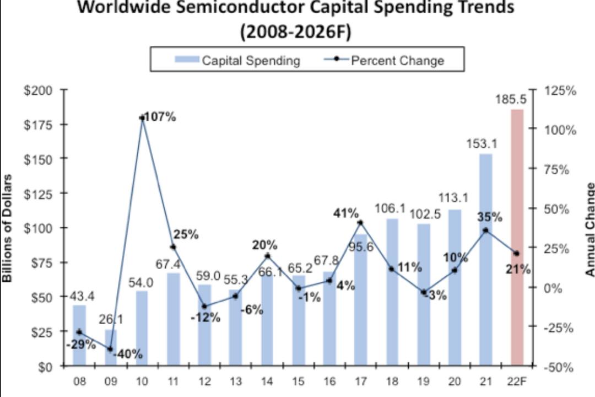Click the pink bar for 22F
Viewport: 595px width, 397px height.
coord(517,238)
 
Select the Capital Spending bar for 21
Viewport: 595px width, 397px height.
coord(486,260)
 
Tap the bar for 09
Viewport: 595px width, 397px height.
coord(111,347)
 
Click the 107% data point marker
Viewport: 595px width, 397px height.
coord(142,118)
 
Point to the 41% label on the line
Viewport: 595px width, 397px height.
coord(345,213)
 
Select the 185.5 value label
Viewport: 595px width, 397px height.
coord(511,100)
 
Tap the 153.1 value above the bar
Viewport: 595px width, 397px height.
coord(482,144)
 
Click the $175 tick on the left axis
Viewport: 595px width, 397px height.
coord(38,125)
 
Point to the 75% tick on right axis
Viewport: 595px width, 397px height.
coord(556,169)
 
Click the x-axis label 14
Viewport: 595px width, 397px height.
coord(267,381)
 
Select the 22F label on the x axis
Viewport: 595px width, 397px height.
coord(517,381)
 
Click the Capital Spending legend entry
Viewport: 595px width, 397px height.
coord(237,61)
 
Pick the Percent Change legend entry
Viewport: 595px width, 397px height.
coord(383,61)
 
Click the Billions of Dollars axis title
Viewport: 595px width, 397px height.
coord(7,228)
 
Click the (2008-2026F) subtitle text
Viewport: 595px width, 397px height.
coord(296,32)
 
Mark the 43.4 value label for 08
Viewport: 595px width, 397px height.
coord(82,296)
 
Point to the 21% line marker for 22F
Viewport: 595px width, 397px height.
coord(516,254)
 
